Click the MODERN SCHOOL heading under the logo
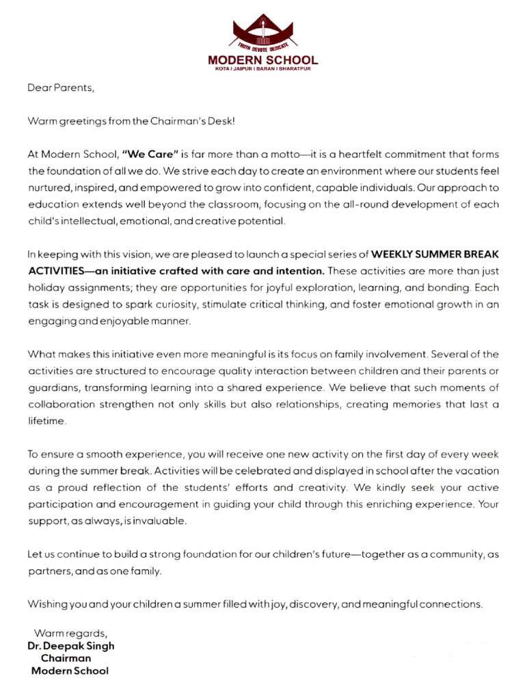point(263,61)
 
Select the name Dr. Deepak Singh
point(70,645)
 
